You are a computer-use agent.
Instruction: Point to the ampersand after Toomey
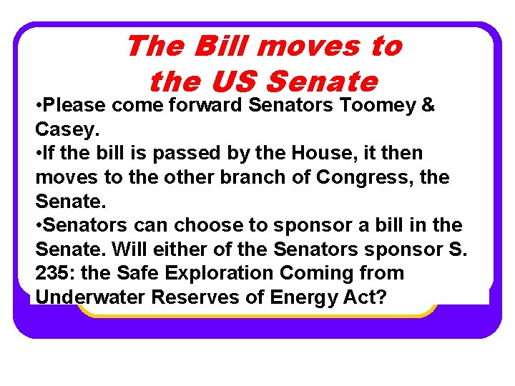428,105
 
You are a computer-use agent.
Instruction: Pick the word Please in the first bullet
76,105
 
